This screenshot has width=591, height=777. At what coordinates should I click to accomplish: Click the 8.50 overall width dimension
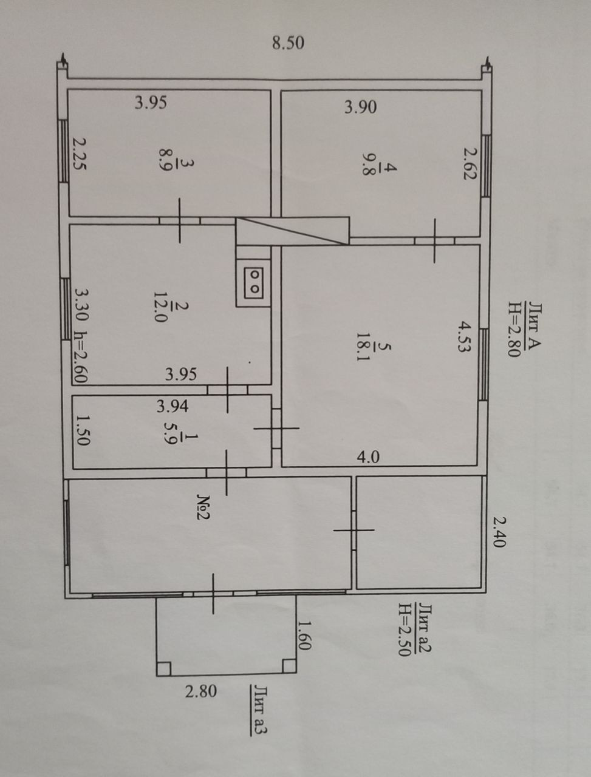coord(288,43)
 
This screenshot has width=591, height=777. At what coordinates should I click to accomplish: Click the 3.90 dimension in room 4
coord(360,107)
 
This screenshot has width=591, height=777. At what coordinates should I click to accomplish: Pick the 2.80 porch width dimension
coord(200,691)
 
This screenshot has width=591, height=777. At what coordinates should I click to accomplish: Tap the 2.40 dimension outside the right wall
coord(498,532)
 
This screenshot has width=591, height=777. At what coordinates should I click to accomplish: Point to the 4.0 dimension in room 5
coord(367,456)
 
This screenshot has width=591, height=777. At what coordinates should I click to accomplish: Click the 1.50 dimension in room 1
coord(83,430)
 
